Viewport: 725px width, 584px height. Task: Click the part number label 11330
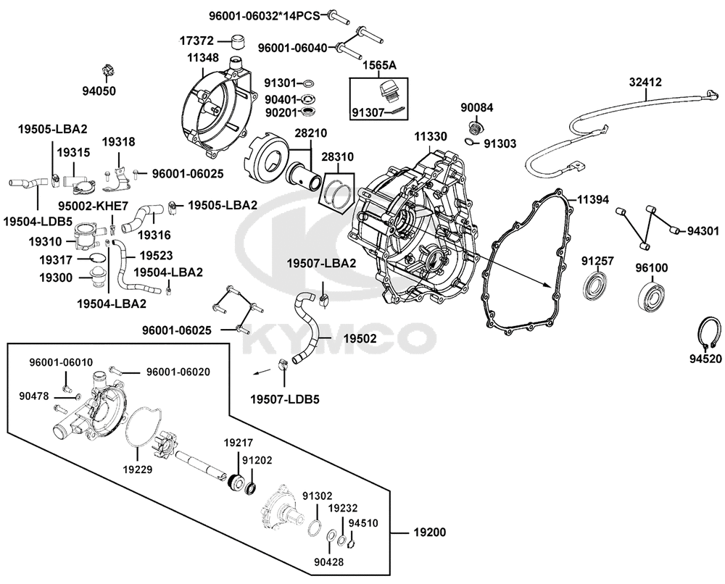coord(431,137)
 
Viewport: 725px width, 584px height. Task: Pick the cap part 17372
coord(238,42)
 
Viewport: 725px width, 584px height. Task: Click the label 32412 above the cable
coord(645,83)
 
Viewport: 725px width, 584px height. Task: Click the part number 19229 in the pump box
coord(138,470)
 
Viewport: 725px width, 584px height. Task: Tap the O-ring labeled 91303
coord(471,142)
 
